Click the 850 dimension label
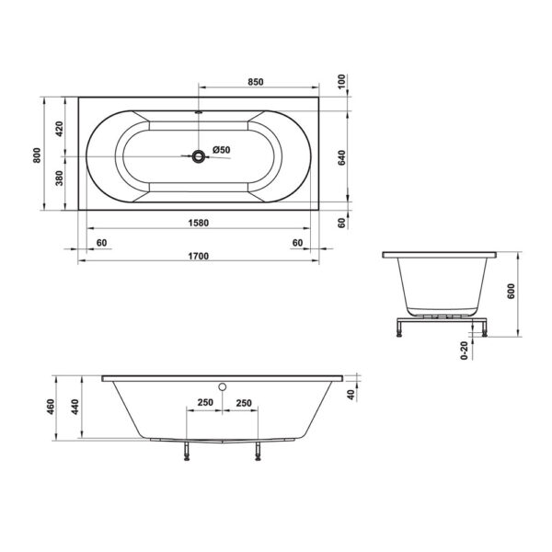[256, 82]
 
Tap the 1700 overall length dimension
[199, 256]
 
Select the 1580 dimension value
[199, 224]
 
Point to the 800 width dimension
[37, 155]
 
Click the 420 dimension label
[59, 129]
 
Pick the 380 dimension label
[59, 178]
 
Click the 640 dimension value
[341, 158]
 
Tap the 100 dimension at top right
[341, 82]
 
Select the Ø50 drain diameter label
[222, 150]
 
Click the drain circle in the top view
[199, 156]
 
